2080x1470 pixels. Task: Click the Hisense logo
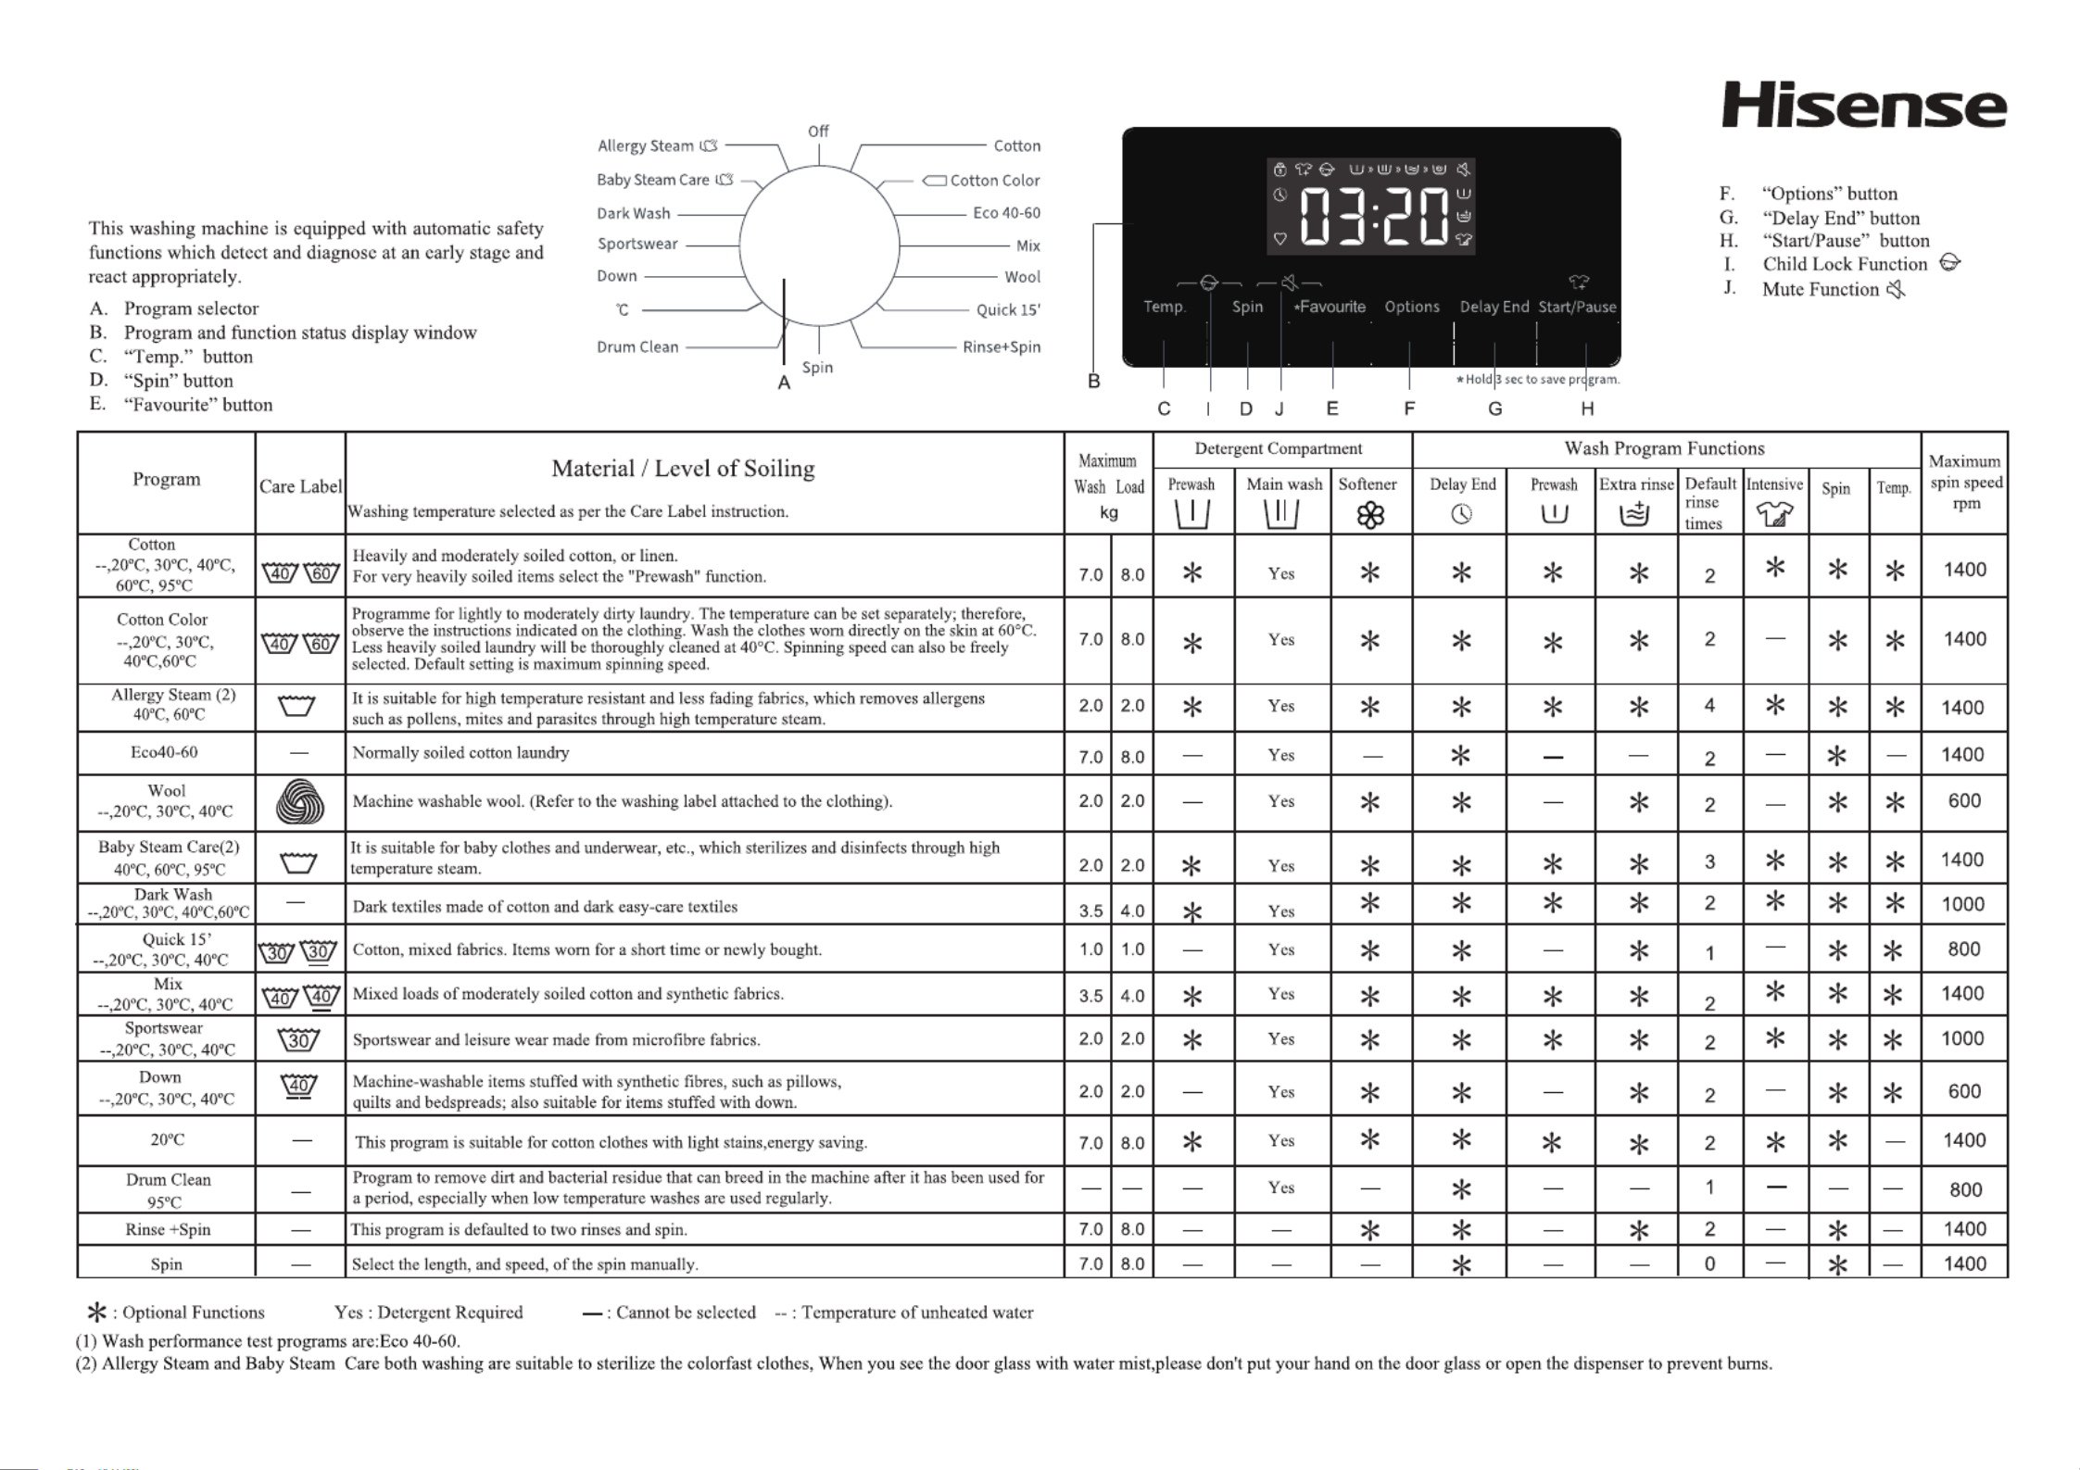coord(1863,107)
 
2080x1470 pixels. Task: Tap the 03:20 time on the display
coord(1374,217)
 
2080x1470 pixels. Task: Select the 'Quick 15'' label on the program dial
coord(1008,309)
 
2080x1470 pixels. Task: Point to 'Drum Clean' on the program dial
coord(637,346)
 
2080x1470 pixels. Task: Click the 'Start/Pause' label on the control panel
coord(1577,307)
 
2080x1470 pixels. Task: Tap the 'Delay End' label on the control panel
coord(1494,307)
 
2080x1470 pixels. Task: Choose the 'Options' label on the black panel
coord(1412,307)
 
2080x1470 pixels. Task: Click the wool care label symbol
coord(300,801)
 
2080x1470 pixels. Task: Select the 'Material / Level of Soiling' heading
coord(683,469)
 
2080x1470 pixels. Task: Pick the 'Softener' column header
coord(1368,484)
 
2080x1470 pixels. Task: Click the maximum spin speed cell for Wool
coord(1964,800)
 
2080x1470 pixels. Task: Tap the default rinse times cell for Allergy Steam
coord(1709,706)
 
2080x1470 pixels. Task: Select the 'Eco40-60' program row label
coord(164,752)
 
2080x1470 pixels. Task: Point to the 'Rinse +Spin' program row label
coord(168,1230)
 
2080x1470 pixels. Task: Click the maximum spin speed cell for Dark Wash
coord(1963,904)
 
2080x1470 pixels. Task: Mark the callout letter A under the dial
coord(784,383)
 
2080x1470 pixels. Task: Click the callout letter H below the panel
coord(1587,408)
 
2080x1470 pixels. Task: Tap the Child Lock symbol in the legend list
coord(1949,263)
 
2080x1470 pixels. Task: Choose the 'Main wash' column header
coord(1284,484)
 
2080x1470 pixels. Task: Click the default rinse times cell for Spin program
coord(1709,1263)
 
